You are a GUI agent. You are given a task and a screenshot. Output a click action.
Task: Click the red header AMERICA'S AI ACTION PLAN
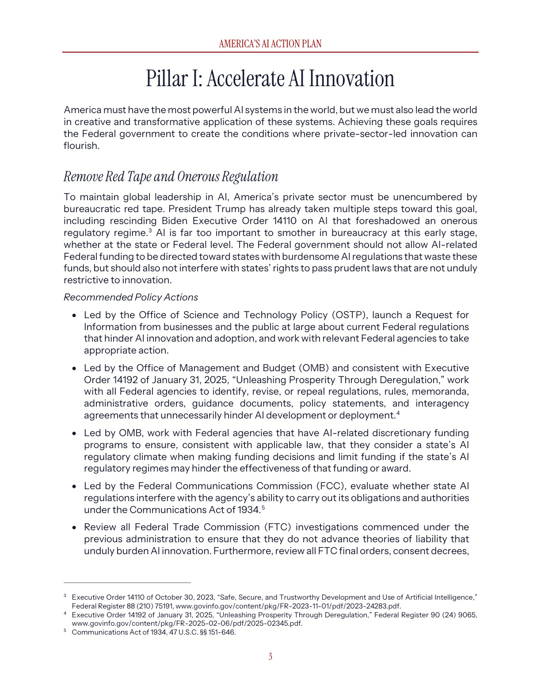[270, 44]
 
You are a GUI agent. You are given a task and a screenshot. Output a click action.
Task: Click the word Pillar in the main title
[167, 79]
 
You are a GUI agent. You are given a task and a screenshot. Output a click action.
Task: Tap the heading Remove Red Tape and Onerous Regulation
[171, 176]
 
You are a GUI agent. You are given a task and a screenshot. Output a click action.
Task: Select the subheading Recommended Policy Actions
[131, 297]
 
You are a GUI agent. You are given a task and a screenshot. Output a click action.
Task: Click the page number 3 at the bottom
[270, 657]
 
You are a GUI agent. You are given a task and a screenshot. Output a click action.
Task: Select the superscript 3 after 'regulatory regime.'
[150, 231]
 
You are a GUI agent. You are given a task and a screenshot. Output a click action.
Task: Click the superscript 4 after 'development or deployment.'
[398, 413]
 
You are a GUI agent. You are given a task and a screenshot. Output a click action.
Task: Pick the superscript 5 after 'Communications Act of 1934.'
[263, 508]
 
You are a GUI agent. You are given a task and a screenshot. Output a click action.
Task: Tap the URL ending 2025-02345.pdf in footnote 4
[187, 624]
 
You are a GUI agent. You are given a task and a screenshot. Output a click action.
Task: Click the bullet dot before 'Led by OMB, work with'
[75, 434]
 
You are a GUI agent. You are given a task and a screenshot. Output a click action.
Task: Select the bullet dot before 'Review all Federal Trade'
[75, 528]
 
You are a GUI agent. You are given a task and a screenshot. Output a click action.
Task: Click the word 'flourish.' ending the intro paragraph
[81, 146]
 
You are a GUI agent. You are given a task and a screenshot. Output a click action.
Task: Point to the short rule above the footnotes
[127, 583]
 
